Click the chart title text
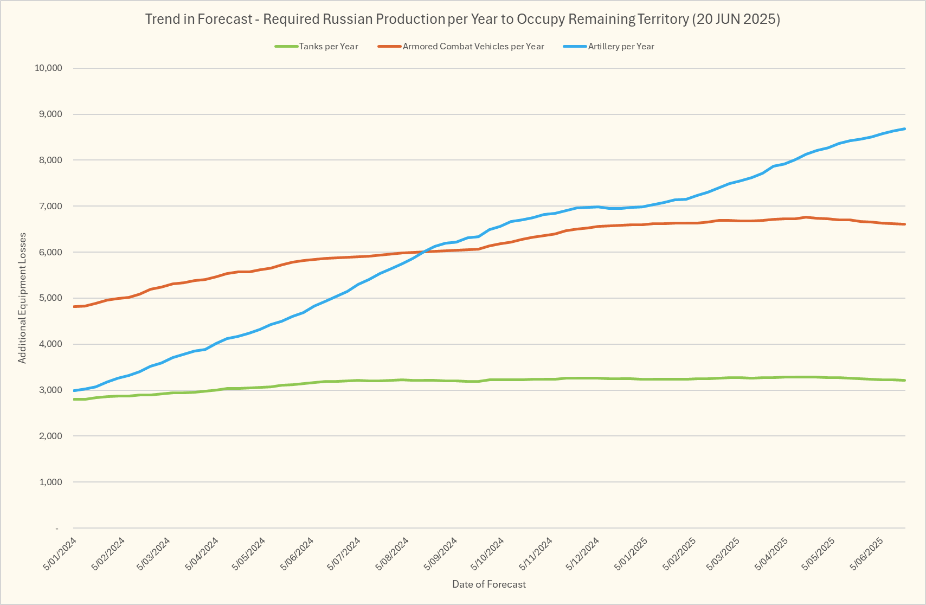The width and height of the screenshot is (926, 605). coord(462,20)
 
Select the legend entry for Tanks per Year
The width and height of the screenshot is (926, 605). coord(328,47)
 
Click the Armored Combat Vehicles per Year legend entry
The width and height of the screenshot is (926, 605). coord(473,47)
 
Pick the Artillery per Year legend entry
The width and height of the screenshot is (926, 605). coord(621,47)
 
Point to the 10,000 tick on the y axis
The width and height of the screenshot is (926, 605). coord(48,68)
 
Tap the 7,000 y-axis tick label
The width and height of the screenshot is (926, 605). coord(50,207)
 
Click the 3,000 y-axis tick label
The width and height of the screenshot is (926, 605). coord(50,390)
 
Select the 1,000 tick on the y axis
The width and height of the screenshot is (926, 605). coord(50,482)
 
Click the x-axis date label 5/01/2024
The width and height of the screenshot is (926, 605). coord(60,553)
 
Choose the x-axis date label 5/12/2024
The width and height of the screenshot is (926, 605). coord(583,553)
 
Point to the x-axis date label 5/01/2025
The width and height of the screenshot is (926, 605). coord(631,553)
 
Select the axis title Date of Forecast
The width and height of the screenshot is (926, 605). coord(489,584)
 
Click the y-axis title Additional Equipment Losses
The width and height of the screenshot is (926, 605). coord(22,298)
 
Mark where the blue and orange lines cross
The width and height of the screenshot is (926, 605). coord(425,252)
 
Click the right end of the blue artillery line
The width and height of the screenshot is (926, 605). coord(905,129)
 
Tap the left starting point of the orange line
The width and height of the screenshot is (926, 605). coord(74,307)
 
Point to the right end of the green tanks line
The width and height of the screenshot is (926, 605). coord(905,381)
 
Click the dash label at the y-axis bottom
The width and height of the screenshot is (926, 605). coord(57,529)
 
